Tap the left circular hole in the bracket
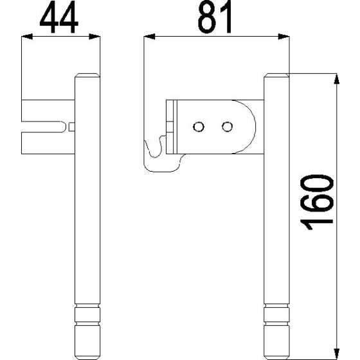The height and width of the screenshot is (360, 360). (x=200, y=126)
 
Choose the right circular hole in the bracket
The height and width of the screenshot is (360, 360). (x=226, y=126)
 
